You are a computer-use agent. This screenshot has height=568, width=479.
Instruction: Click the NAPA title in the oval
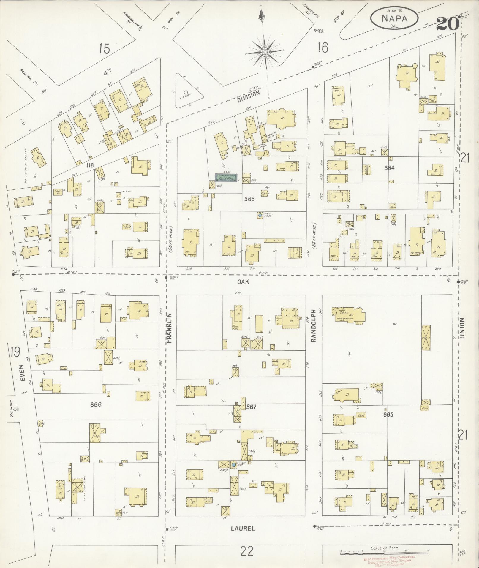coord(394,18)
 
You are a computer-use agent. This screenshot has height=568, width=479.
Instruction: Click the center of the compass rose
coord(265,52)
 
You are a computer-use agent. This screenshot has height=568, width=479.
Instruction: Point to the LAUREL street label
coord(243,528)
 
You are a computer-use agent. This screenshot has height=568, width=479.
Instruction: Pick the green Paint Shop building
coord(226,178)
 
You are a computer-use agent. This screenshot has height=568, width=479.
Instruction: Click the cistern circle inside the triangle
coord(186,92)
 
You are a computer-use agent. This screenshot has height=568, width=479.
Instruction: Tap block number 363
coord(249,199)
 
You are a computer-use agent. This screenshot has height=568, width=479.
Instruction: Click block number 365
coord(388,414)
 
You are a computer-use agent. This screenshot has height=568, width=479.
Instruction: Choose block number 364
coord(389,168)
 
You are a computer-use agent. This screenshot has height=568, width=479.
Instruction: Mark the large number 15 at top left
coord(105,48)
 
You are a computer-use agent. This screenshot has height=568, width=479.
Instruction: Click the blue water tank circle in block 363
coord(260,215)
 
